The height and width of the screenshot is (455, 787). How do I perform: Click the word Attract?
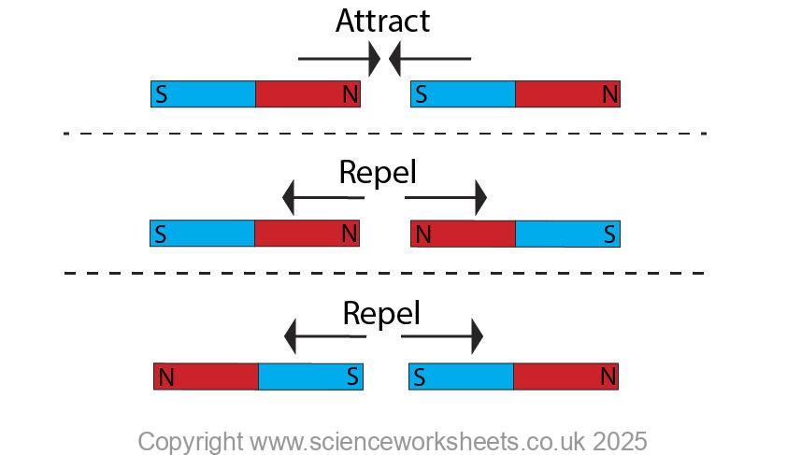(x=382, y=21)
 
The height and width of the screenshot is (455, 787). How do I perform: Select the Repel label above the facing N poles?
(x=378, y=173)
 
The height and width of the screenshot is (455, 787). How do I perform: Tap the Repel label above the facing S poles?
(x=381, y=313)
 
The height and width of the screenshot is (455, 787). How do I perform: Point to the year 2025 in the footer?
(x=619, y=440)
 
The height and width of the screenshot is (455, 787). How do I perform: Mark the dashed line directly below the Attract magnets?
(x=384, y=134)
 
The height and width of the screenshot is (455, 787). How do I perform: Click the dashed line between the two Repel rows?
(x=384, y=273)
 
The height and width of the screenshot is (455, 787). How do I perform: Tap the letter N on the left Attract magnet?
(x=350, y=94)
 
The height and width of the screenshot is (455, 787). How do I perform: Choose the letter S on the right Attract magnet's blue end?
(x=422, y=94)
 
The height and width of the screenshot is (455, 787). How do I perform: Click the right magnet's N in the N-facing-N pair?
(x=422, y=235)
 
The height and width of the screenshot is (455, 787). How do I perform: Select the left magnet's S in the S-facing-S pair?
(x=351, y=377)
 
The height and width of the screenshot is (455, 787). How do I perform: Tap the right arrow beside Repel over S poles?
(x=443, y=335)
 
